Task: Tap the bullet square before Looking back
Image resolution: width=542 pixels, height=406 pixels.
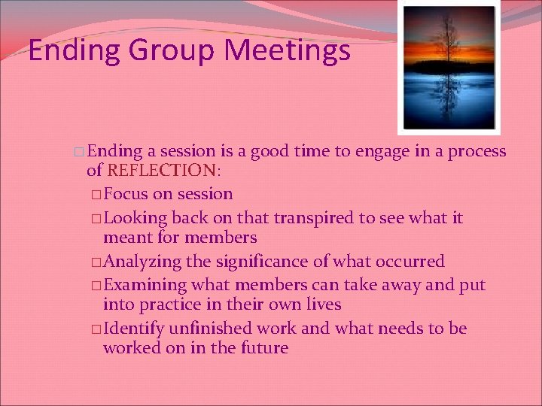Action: click(x=96, y=219)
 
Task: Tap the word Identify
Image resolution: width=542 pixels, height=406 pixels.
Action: click(x=132, y=329)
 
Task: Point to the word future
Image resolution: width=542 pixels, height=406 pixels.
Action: click(x=263, y=348)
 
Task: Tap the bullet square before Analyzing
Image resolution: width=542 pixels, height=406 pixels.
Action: click(x=96, y=262)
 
